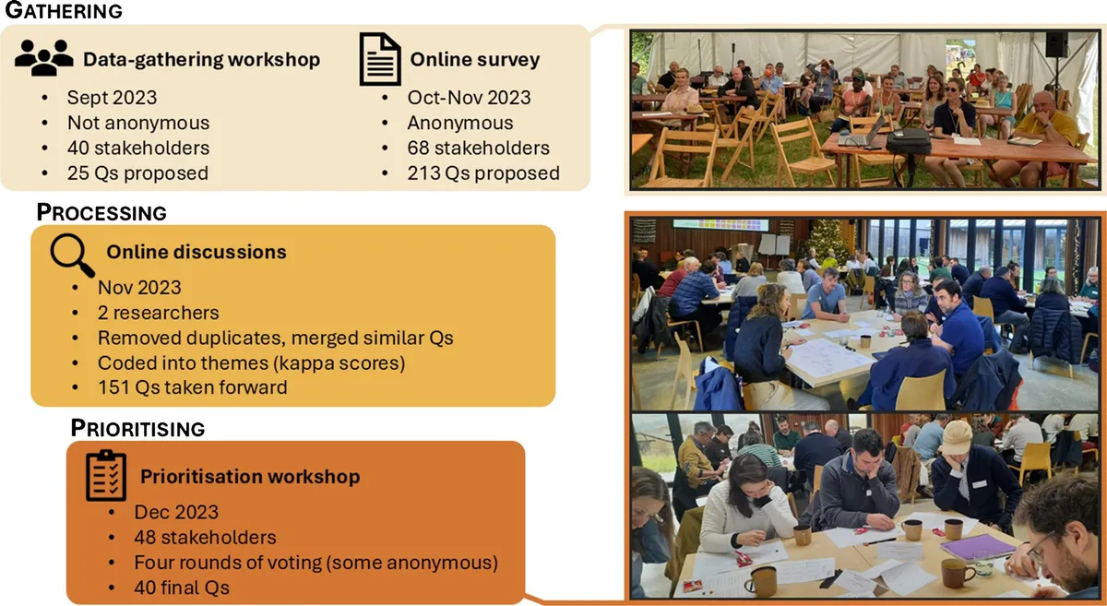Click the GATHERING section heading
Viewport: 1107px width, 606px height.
(x=64, y=10)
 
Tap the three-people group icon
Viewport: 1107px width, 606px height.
(x=44, y=57)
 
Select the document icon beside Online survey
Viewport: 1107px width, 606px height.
(x=380, y=59)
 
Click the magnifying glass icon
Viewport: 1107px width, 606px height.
(x=72, y=255)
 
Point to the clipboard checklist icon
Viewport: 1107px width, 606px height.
(x=106, y=476)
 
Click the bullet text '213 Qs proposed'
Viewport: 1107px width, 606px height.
(x=483, y=173)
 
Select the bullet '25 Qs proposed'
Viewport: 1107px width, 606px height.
(x=137, y=173)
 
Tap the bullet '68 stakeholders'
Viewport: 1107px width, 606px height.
(x=479, y=148)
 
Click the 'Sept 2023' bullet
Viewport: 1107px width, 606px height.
(x=113, y=98)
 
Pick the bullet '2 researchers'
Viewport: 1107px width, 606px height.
(x=158, y=313)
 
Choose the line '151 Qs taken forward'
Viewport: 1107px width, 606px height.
(x=192, y=387)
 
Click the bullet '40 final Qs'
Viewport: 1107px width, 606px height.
(x=182, y=588)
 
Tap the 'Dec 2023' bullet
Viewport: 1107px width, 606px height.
(x=176, y=512)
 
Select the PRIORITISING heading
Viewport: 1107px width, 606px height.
(x=137, y=428)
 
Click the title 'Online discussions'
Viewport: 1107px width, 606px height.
(x=196, y=252)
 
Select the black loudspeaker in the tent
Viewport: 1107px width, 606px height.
(x=1056, y=44)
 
